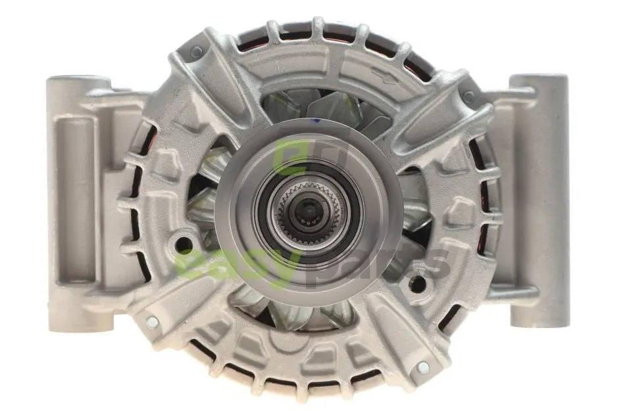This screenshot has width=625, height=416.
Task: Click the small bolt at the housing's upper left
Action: [197, 51]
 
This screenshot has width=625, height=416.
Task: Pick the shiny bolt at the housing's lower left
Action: [152, 322]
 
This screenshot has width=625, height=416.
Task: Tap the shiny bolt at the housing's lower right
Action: [423, 367]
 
